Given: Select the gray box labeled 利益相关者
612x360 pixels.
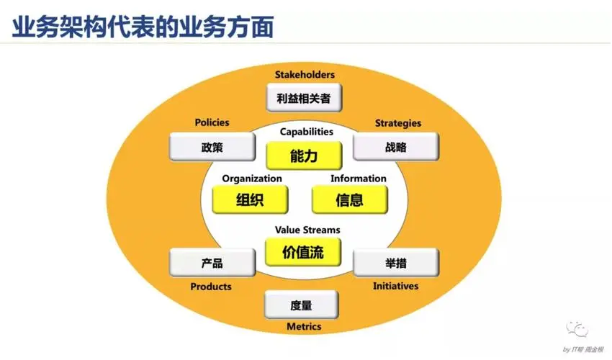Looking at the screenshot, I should pos(304,99).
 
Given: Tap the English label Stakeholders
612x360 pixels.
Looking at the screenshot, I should pos(305,75).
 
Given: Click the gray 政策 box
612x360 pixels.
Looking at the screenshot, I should pos(212,148).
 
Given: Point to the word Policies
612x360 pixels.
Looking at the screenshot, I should pos(212,123).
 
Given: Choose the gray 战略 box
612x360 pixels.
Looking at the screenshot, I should pos(396,148).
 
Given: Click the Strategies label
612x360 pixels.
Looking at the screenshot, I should pos(397,123).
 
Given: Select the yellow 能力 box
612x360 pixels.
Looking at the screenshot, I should pos(303,156).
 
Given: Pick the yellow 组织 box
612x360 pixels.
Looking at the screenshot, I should pos(250,199).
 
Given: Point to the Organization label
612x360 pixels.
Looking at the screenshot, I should pos(252,179).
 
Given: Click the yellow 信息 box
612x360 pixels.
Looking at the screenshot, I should pos(350,199).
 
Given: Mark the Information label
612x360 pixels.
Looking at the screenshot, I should pos(359,179).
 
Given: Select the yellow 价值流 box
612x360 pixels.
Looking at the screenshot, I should pos(303,253).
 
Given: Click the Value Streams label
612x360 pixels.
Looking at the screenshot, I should pos(307,230).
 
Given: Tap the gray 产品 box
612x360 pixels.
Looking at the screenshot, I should pos(212,263).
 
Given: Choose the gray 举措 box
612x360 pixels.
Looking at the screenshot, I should pos(395,263).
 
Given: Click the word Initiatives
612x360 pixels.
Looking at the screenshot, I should pos(395,287).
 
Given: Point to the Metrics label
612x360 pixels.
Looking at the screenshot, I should pos(304,327).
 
